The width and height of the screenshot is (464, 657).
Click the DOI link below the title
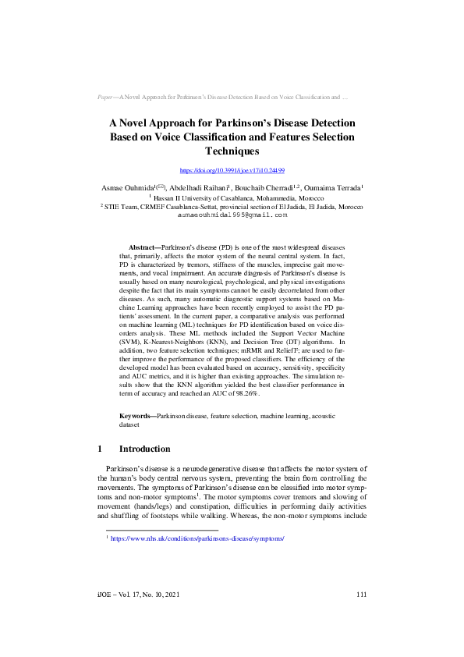click(x=232, y=169)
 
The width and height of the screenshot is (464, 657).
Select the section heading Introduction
click(x=144, y=449)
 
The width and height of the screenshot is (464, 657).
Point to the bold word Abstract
click(x=143, y=245)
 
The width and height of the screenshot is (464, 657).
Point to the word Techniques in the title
click(x=232, y=151)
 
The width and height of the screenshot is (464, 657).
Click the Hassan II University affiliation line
click(x=232, y=198)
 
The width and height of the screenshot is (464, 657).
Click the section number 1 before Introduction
click(x=101, y=449)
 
